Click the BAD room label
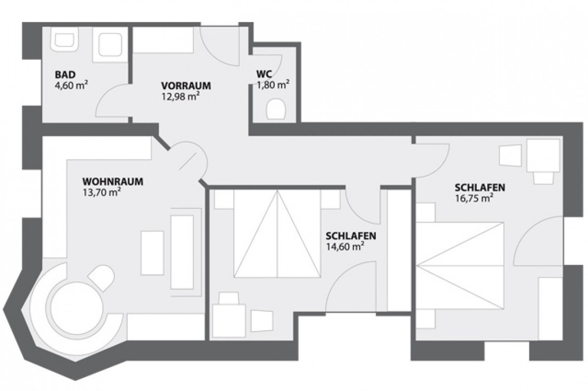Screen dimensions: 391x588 [x=65, y=75]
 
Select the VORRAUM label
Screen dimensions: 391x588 [x=186, y=85]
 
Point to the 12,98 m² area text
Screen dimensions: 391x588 [x=181, y=96]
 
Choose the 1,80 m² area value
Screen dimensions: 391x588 [x=273, y=84]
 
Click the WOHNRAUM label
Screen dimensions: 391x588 [x=113, y=182]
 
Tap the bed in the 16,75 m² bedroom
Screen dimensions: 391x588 [x=460, y=265]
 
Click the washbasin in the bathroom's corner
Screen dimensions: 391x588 [x=65, y=41]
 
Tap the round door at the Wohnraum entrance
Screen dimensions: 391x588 [x=187, y=160]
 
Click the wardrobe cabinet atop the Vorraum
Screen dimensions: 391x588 [x=163, y=41]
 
